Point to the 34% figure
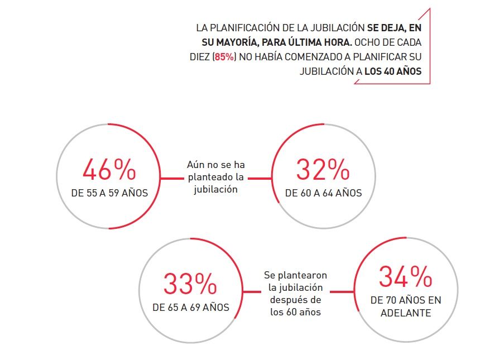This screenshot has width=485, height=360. coord(405,276)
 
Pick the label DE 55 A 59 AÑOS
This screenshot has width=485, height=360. coord(109,193)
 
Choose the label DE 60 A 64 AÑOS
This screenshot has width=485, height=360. coord(323,193)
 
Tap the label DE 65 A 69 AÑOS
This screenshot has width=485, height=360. coord(191,308)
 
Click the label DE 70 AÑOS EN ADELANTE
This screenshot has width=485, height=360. coord(406,306)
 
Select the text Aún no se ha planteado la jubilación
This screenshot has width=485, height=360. coord(215,177)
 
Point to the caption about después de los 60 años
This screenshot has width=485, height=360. coord(295,294)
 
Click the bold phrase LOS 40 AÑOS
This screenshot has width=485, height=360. coord(393,71)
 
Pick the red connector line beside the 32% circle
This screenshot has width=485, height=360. coord(260,178)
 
